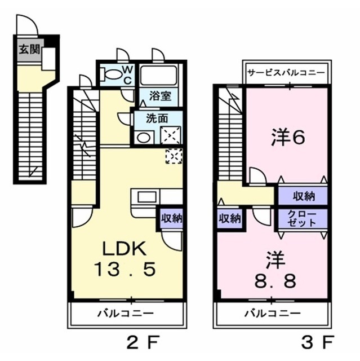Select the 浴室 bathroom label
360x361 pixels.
click(158, 96)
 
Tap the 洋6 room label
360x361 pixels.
click(288, 137)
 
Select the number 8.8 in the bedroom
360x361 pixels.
click(274, 280)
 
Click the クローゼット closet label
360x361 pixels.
click(303, 219)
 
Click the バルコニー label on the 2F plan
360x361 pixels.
click(125, 312)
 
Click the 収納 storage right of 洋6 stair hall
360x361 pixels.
click(303, 197)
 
